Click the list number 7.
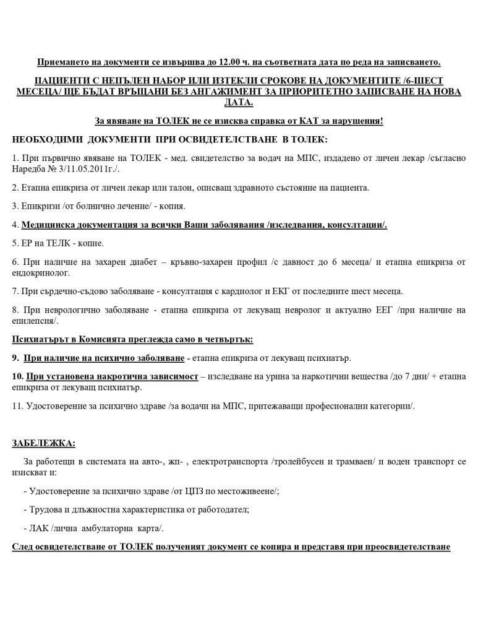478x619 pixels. (15, 290)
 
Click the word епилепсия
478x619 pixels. (35, 320)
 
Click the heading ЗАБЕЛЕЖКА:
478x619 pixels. (43, 443)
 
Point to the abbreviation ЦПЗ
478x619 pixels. (179, 491)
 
